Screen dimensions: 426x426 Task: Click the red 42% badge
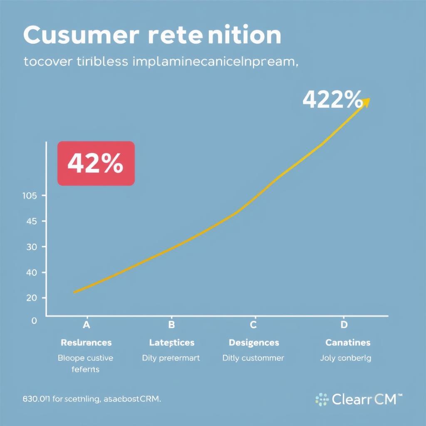click(x=96, y=163)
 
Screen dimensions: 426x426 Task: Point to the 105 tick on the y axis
click(x=29, y=196)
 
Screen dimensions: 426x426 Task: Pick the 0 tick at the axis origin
click(x=34, y=320)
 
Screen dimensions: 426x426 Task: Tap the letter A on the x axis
click(x=87, y=325)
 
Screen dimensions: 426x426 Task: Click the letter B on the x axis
click(x=171, y=325)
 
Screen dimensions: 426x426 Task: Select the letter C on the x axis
click(x=253, y=325)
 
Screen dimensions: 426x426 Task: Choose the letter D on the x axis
click(x=344, y=325)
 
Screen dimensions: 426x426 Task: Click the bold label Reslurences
click(x=86, y=343)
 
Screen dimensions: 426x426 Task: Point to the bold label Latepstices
click(x=171, y=343)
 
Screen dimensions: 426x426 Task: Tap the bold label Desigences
click(x=254, y=343)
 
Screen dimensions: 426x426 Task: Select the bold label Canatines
click(x=347, y=343)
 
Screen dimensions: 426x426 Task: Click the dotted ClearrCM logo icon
click(x=322, y=400)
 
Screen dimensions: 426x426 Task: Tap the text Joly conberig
click(x=346, y=358)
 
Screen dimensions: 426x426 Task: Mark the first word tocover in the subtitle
click(x=47, y=62)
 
